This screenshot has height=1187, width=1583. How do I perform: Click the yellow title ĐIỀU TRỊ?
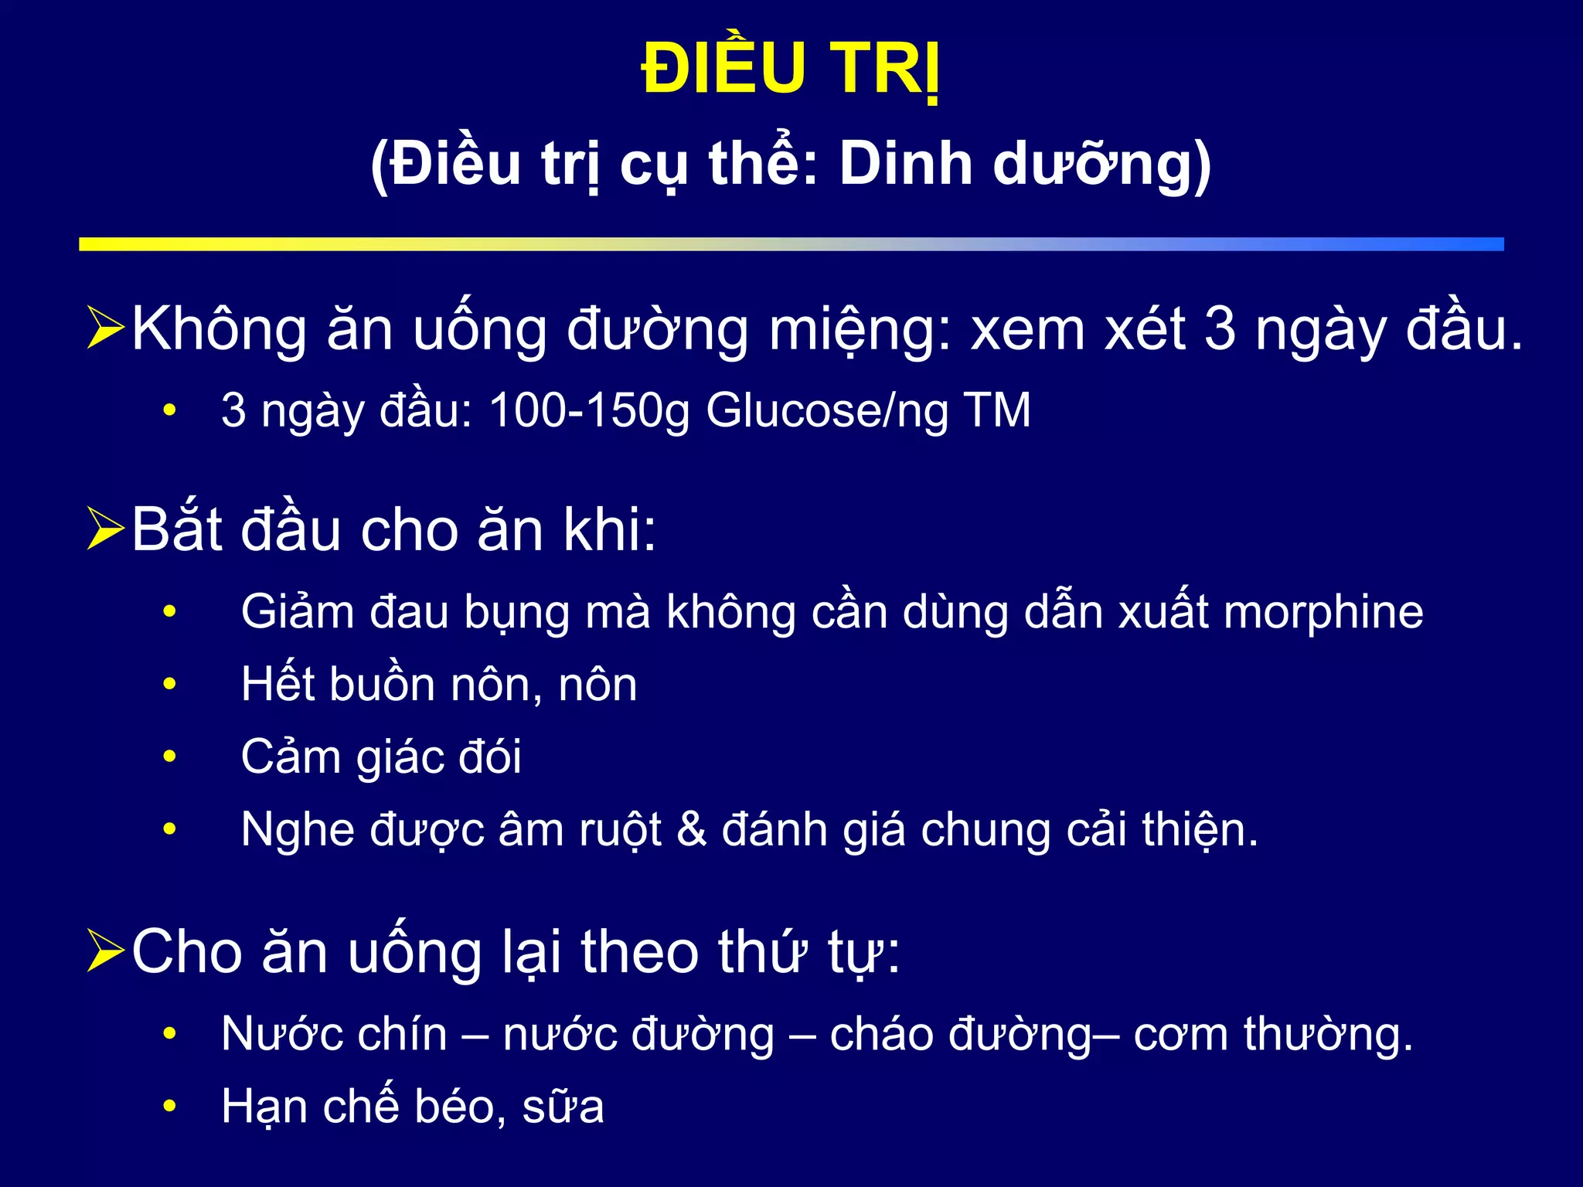pyautogui.click(x=791, y=70)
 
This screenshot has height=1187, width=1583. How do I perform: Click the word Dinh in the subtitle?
pyautogui.click(x=905, y=165)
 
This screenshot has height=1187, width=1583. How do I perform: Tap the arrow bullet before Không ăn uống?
pyautogui.click(x=105, y=328)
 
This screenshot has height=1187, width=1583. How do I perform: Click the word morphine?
pyautogui.click(x=1323, y=612)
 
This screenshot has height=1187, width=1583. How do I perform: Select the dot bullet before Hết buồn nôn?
pyautogui.click(x=170, y=684)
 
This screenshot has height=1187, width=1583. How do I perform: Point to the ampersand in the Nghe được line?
pyautogui.click(x=691, y=829)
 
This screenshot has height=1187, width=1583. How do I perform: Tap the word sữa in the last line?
pyautogui.click(x=563, y=1106)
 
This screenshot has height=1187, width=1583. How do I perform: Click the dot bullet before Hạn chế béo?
pyautogui.click(x=170, y=1106)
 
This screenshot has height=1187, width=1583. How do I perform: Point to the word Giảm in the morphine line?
pyautogui.click(x=297, y=612)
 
